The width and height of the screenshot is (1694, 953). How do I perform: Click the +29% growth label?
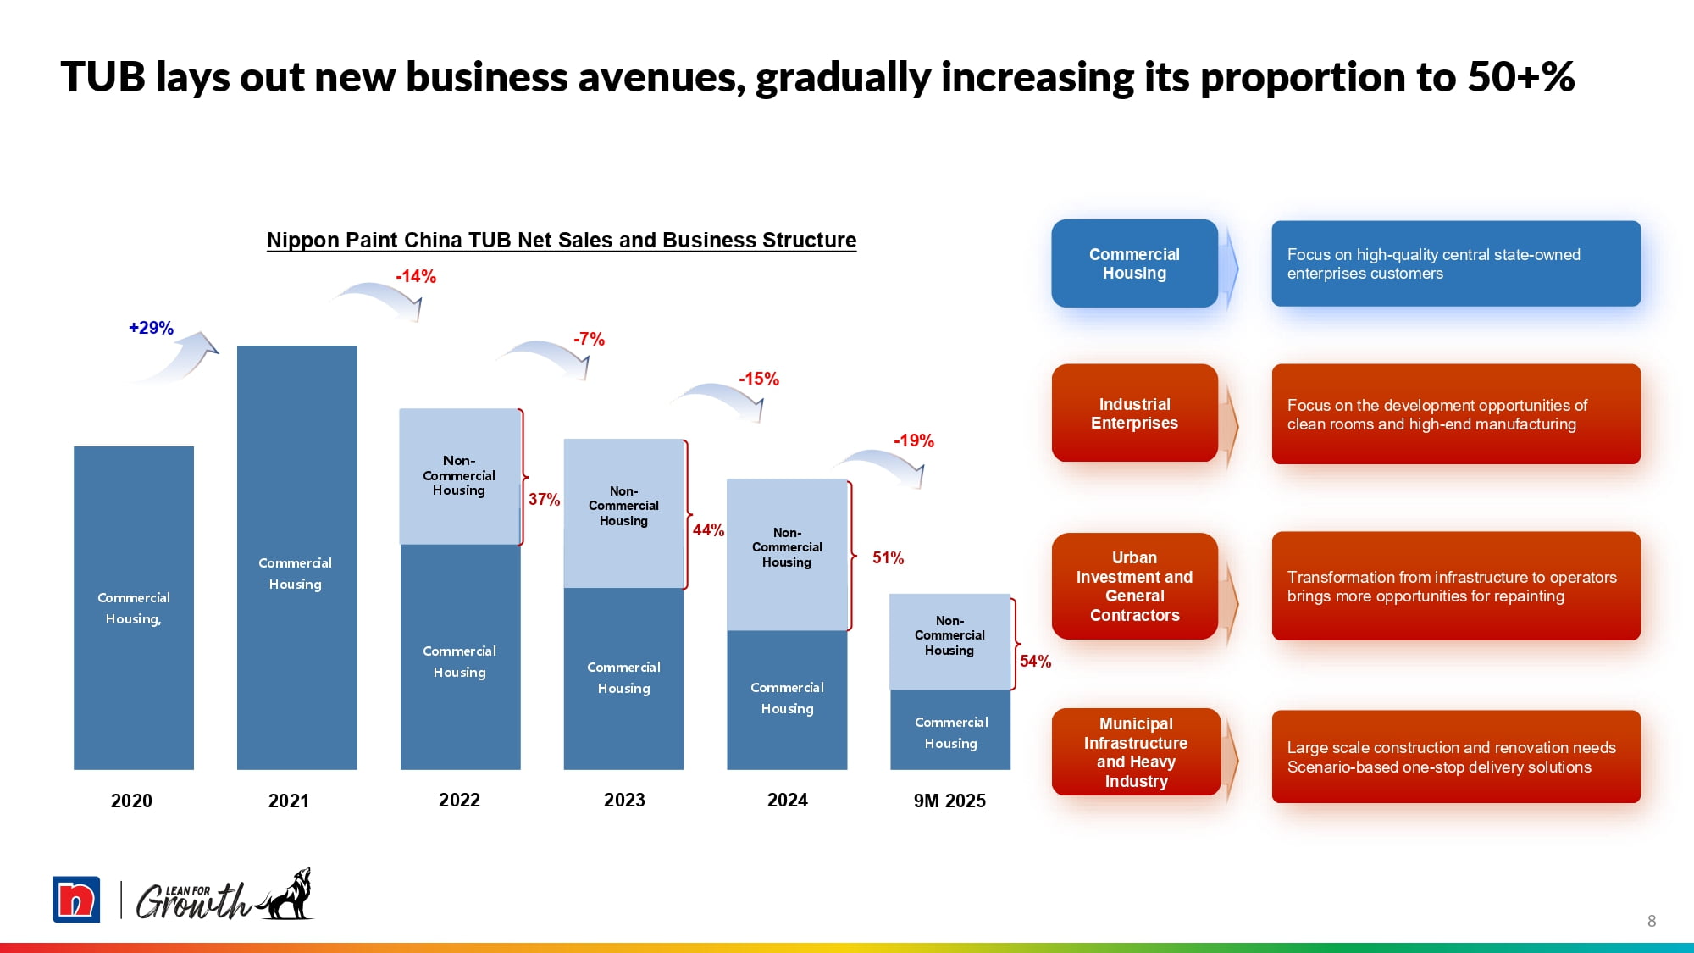pyautogui.click(x=151, y=328)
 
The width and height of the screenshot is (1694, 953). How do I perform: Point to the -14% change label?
pyautogui.click(x=416, y=276)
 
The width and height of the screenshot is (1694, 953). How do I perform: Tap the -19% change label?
pyautogui.click(x=914, y=440)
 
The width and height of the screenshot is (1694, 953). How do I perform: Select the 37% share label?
pyautogui.click(x=544, y=500)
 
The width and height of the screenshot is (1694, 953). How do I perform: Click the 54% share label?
pyautogui.click(x=1035, y=662)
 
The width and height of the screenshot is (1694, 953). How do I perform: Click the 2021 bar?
pyautogui.click(x=296, y=557)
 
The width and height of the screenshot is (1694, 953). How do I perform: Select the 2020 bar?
pyautogui.click(x=134, y=607)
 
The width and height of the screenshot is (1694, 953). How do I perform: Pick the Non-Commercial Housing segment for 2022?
pyautogui.click(x=459, y=476)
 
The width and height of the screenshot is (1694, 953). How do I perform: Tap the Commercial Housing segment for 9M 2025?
pyautogui.click(x=950, y=730)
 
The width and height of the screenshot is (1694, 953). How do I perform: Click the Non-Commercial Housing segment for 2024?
pyautogui.click(x=787, y=554)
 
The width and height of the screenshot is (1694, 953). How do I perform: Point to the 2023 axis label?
pyautogui.click(x=624, y=801)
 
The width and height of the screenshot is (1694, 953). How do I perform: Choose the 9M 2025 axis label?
pyautogui.click(x=949, y=801)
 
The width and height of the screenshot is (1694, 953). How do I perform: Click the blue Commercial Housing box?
pyautogui.click(x=1134, y=263)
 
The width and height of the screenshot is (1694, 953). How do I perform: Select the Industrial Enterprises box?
pyautogui.click(x=1134, y=413)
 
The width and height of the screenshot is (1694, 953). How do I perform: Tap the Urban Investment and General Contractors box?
pyautogui.click(x=1134, y=586)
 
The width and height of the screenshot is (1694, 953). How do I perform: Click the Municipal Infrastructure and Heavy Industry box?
pyautogui.click(x=1135, y=752)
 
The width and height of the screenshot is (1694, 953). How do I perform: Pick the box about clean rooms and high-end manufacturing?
pyautogui.click(x=1455, y=414)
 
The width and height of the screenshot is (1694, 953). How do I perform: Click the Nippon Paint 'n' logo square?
pyautogui.click(x=76, y=899)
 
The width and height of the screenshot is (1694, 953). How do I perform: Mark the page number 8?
pyautogui.click(x=1651, y=921)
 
